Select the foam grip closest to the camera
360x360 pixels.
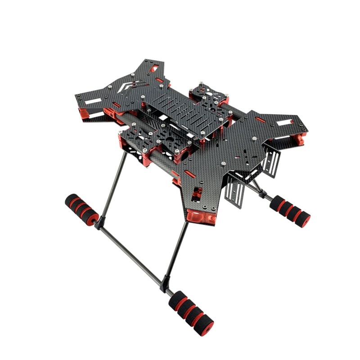click(191, 311)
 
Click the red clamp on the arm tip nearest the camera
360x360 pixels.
click(202, 219)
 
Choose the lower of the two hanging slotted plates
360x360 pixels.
click(237, 189)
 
